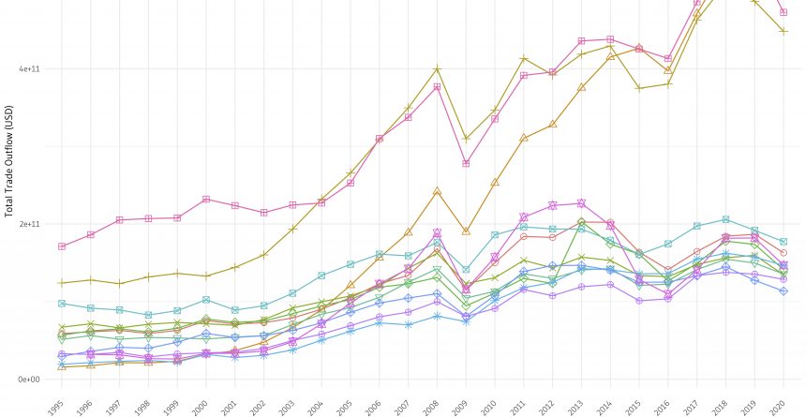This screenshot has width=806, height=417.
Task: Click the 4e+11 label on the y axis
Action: click(x=27, y=68)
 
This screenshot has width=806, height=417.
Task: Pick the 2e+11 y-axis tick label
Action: click(x=27, y=224)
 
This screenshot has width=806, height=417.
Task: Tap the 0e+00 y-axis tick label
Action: click(x=27, y=380)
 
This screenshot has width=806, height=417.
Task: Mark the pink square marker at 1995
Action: click(x=62, y=246)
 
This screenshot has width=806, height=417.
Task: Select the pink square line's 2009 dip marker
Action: click(x=466, y=164)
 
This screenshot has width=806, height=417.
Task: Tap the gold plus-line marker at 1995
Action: click(x=62, y=282)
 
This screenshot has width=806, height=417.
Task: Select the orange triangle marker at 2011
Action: click(x=524, y=138)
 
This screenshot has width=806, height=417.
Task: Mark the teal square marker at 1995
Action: click(x=62, y=304)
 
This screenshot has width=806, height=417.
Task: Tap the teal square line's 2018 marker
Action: click(x=726, y=219)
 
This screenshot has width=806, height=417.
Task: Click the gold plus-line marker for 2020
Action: click(x=784, y=32)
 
